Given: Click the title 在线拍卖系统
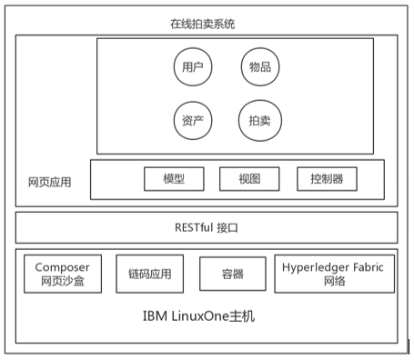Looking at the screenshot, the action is click(x=202, y=24).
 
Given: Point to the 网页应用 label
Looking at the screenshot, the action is click(x=50, y=183).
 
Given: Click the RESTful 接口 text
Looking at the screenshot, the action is click(x=207, y=227).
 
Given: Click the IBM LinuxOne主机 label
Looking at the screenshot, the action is click(x=198, y=316).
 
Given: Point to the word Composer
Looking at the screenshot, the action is click(x=62, y=267).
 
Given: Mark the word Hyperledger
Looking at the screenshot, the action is click(x=313, y=267).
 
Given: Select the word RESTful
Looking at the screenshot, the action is click(x=194, y=227).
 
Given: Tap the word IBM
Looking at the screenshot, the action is click(x=155, y=316).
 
